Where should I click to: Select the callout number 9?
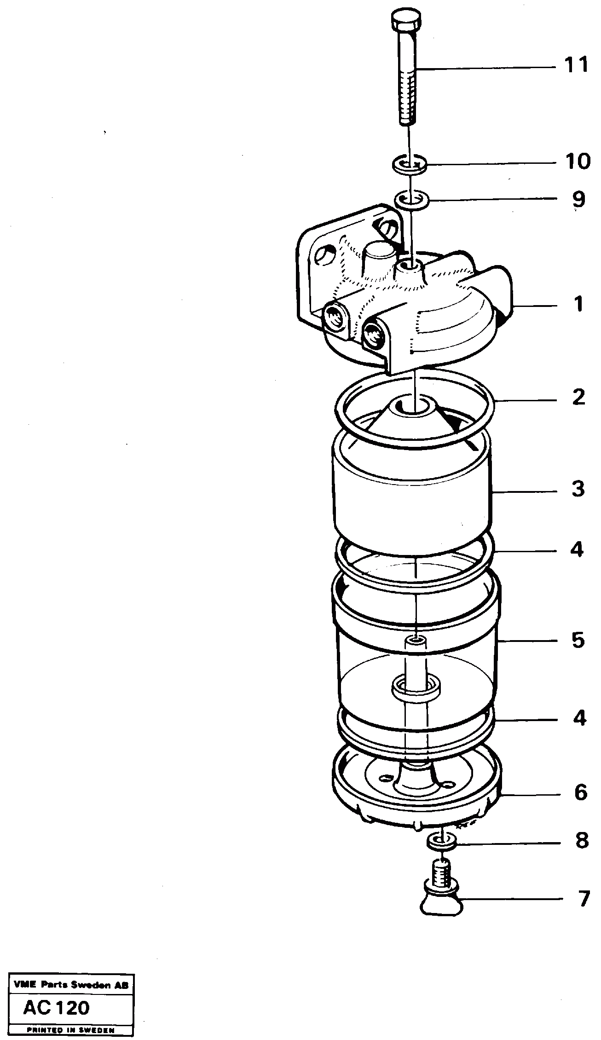[x=578, y=199]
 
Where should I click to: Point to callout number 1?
[x=578, y=305]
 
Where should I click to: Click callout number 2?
[x=578, y=397]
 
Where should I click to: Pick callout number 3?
[x=578, y=489]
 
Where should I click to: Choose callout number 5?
[x=578, y=640]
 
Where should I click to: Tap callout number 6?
[x=580, y=792]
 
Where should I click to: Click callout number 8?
[x=581, y=841]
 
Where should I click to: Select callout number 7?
[x=583, y=899]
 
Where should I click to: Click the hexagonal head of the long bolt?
[x=406, y=21]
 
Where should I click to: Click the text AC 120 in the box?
[x=56, y=1008]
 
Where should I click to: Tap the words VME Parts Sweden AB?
[x=68, y=985]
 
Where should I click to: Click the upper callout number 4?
[x=577, y=550]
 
